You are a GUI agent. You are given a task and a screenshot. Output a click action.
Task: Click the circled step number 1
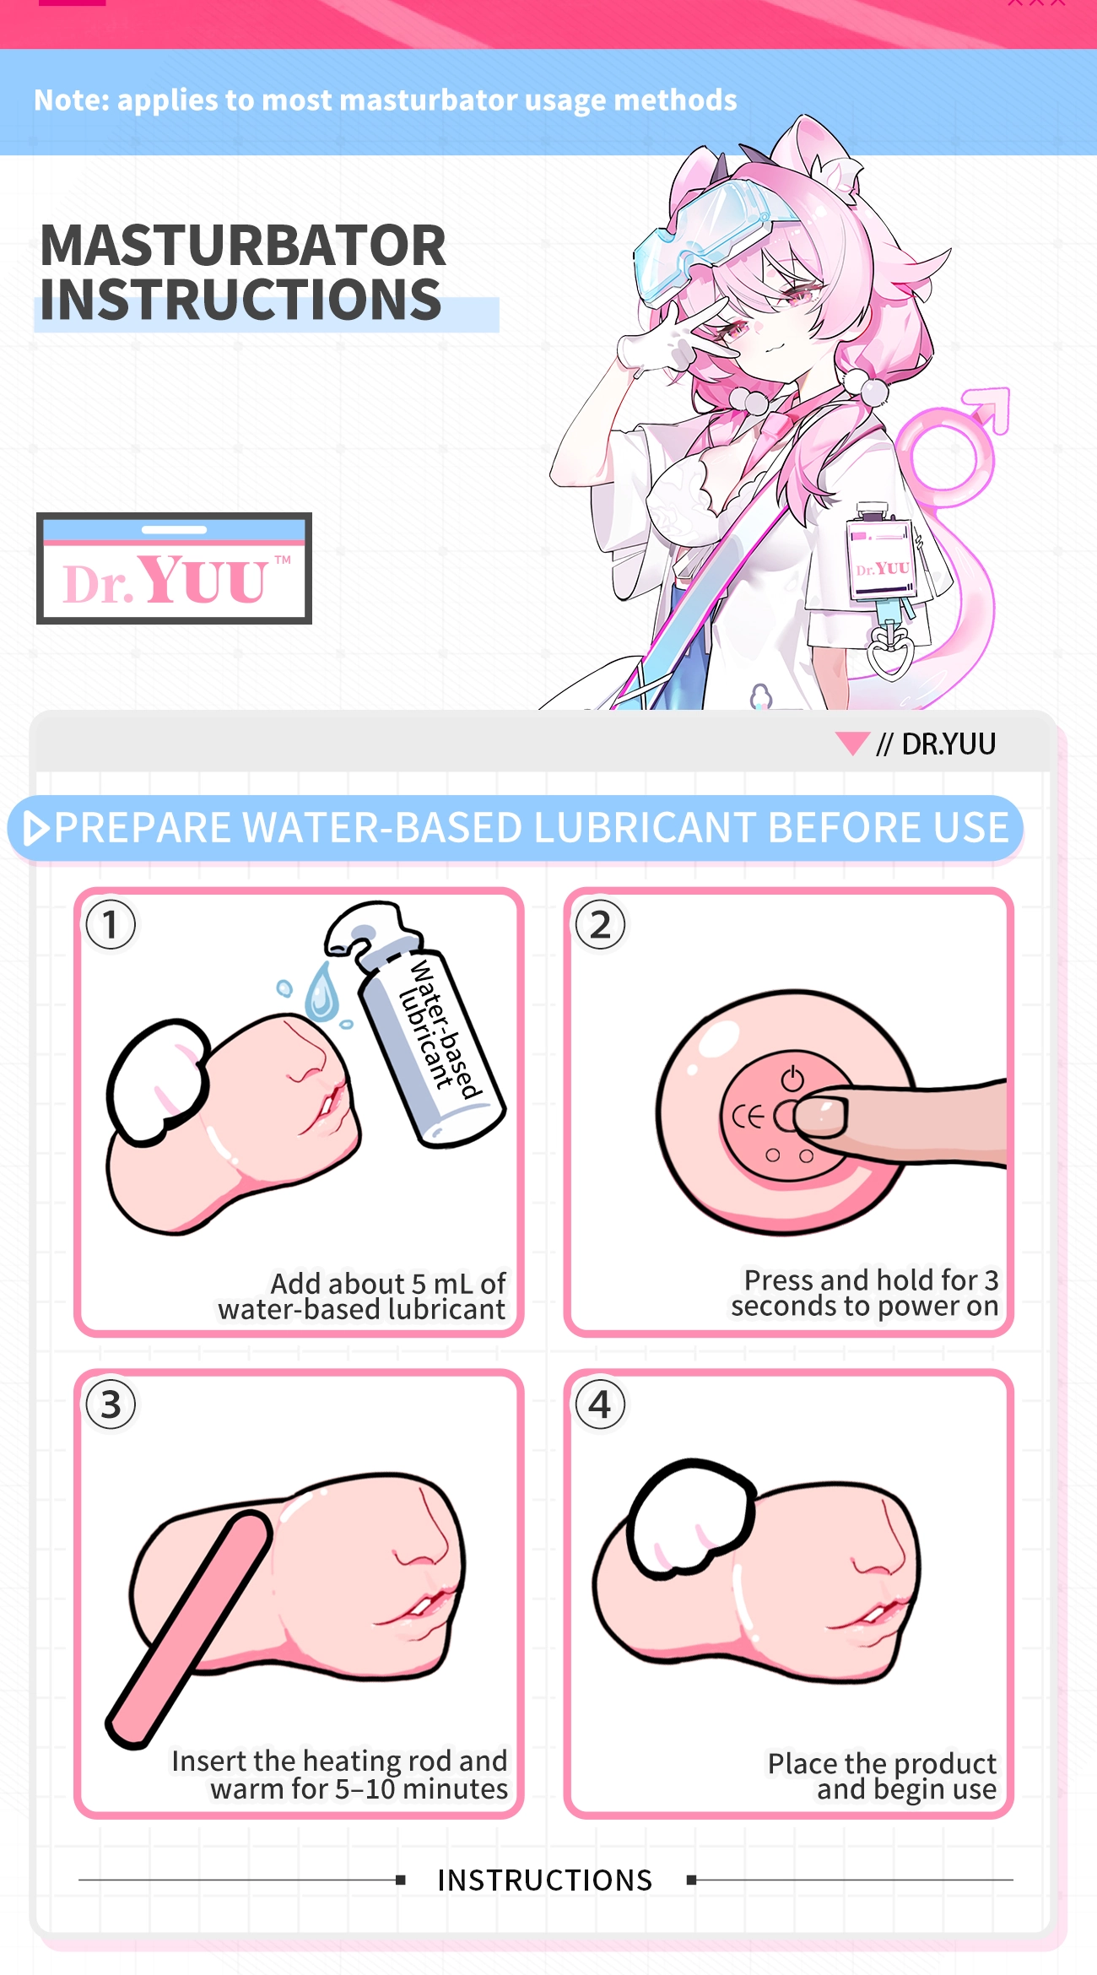pos(111,924)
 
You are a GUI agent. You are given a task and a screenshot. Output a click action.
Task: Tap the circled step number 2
pos(600,924)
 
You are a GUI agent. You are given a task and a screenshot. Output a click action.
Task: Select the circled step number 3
pos(111,1404)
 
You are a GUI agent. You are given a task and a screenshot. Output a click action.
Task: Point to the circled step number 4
pos(600,1404)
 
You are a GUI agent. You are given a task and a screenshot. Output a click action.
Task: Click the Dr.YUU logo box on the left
pos(174,568)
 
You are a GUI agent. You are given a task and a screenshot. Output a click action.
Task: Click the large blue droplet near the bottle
pos(322,992)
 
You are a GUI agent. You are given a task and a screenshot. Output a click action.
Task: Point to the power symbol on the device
pos(792,1078)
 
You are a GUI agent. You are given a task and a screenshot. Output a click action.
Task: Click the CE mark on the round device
pos(748,1117)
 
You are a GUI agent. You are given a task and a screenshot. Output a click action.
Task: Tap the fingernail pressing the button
pos(819,1116)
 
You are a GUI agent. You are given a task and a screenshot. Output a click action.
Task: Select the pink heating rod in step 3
pos(188,1630)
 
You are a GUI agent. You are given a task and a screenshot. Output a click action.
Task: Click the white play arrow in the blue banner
pos(35,828)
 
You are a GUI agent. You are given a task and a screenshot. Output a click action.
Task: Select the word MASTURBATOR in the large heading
pos(243,246)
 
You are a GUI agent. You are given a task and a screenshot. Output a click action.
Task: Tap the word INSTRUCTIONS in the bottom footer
pos(545,1880)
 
